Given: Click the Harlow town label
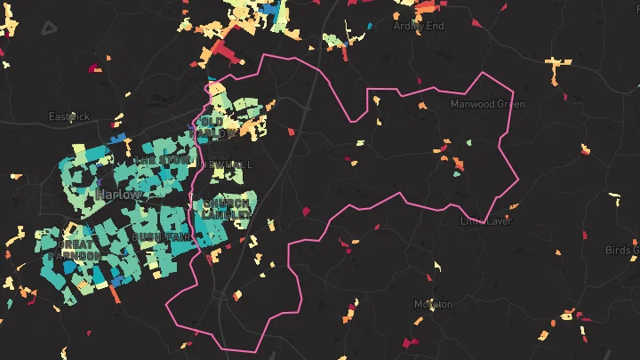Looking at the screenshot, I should click(x=119, y=194).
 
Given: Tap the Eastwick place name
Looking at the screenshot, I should click(x=69, y=116).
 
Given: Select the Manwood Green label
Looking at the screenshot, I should click(x=487, y=104).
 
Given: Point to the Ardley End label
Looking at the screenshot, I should click(x=418, y=26).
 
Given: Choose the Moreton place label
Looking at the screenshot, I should click(x=433, y=304).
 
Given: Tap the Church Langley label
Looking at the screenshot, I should click(x=227, y=208).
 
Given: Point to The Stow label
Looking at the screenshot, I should click(x=162, y=160).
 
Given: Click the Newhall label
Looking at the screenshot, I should click(x=228, y=165).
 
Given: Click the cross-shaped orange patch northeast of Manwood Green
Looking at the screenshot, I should click(x=558, y=66).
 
